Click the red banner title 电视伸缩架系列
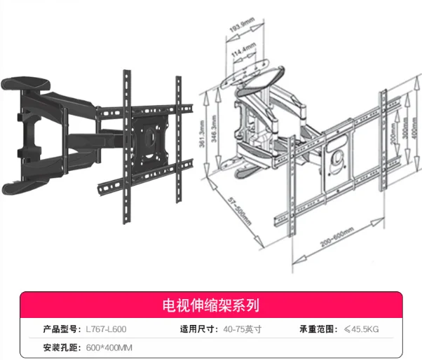(x=210, y=305)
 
